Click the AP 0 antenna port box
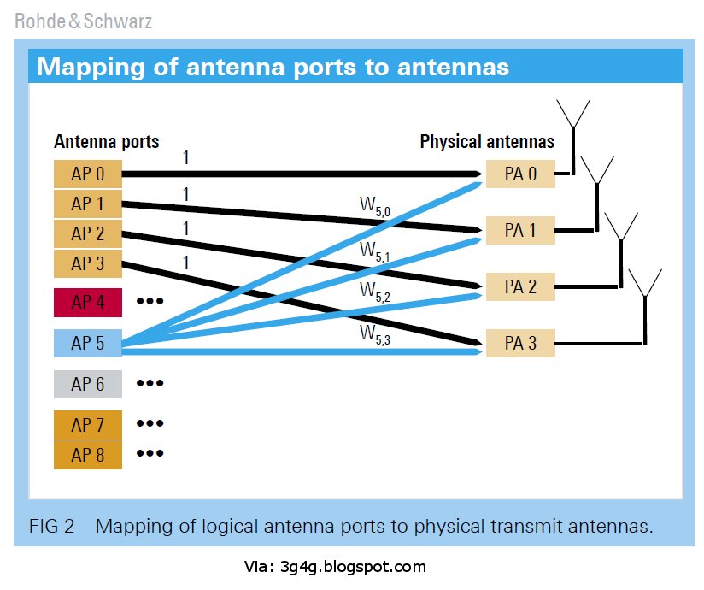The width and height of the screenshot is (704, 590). pyautogui.click(x=88, y=174)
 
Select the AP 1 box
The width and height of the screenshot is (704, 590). pyautogui.click(x=88, y=204)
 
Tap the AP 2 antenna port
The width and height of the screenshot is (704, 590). pyautogui.click(x=88, y=233)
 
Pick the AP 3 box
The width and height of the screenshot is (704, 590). pyautogui.click(x=88, y=263)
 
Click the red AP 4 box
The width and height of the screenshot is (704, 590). pyautogui.click(x=88, y=302)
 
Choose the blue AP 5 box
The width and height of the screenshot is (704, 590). pyautogui.click(x=88, y=343)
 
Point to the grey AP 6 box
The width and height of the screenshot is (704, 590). pyautogui.click(x=88, y=384)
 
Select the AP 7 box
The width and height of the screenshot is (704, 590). pyautogui.click(x=88, y=424)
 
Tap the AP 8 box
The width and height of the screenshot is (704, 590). pyautogui.click(x=88, y=454)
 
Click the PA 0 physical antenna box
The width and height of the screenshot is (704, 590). pyautogui.click(x=519, y=174)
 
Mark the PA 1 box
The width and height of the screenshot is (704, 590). pyautogui.click(x=519, y=231)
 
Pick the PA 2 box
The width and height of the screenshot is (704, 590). pyautogui.click(x=519, y=286)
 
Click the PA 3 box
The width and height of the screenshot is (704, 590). pyautogui.click(x=519, y=343)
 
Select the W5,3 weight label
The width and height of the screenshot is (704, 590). pyautogui.click(x=375, y=332)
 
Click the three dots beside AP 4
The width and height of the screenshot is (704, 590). pyautogui.click(x=149, y=302)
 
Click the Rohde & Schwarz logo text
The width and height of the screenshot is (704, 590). pyautogui.click(x=83, y=21)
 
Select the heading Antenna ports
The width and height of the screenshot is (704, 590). pyautogui.click(x=106, y=142)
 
